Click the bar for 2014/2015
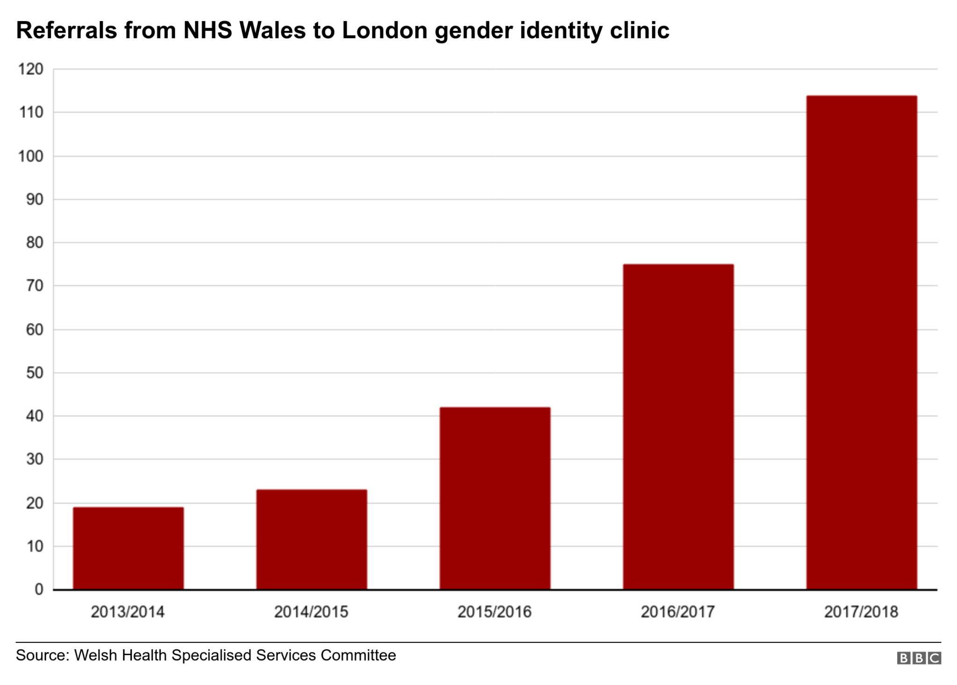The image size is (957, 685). point(312,539)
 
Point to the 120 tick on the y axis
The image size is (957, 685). point(30,70)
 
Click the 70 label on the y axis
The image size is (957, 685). point(34,286)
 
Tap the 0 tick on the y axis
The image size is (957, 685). point(39,589)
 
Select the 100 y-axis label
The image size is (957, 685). point(30,156)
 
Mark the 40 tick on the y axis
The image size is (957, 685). point(34,416)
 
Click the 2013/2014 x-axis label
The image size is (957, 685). point(128,612)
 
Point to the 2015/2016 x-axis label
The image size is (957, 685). point(494,612)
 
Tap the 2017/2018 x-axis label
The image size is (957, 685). point(861,612)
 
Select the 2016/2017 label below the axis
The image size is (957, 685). point(678,612)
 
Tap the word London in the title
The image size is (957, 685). point(385,31)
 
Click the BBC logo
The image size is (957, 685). point(919,658)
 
